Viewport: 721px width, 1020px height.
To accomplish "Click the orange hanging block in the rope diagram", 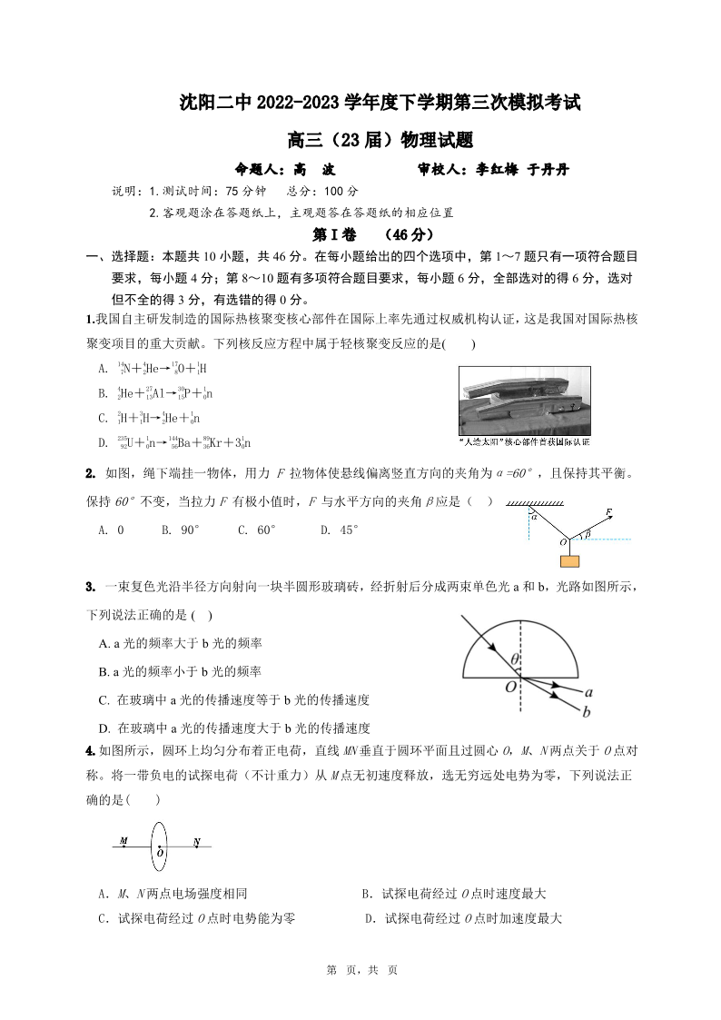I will pyautogui.click(x=569, y=560).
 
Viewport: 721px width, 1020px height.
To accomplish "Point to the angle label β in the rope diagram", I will pyautogui.click(x=588, y=535).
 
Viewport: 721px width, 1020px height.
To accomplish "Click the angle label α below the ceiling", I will pyautogui.click(x=536, y=516).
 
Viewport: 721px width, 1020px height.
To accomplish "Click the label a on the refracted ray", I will pyautogui.click(x=589, y=691).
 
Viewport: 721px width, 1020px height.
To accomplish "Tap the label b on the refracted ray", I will pyautogui.click(x=587, y=711).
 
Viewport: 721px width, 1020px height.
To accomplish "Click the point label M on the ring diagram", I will pyautogui.click(x=123, y=841).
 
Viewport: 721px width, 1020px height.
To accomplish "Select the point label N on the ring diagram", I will pyautogui.click(x=197, y=841).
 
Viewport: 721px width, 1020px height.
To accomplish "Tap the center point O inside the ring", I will pyautogui.click(x=160, y=852).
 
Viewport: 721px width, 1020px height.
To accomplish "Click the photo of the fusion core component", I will pyautogui.click(x=524, y=401).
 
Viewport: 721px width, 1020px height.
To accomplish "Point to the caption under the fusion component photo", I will pyautogui.click(x=525, y=442).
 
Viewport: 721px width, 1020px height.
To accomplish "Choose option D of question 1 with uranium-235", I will pyautogui.click(x=173, y=442).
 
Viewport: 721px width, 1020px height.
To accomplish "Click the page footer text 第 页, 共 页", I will pyautogui.click(x=360, y=970).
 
